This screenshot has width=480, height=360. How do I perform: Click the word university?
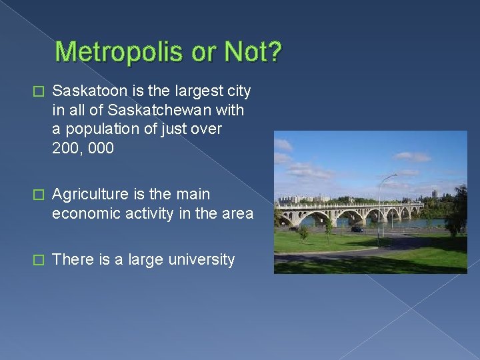tap(201, 259)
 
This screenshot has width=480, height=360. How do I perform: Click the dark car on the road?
tap(357, 229)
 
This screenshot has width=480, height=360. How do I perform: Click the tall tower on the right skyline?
tap(435, 194)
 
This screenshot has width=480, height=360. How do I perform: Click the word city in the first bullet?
tap(237, 90)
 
